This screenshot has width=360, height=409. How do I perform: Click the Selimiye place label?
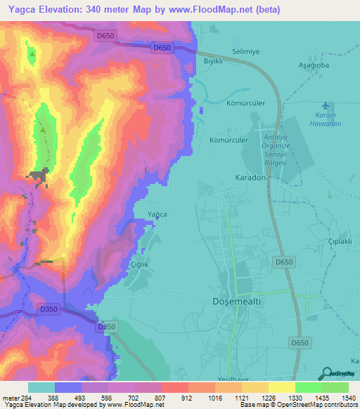247,52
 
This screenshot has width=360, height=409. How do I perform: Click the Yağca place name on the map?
157,214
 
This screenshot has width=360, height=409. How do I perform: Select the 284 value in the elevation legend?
26,397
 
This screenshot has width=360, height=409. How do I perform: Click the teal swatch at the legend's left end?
41,387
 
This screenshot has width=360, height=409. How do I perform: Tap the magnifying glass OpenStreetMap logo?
326,373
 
